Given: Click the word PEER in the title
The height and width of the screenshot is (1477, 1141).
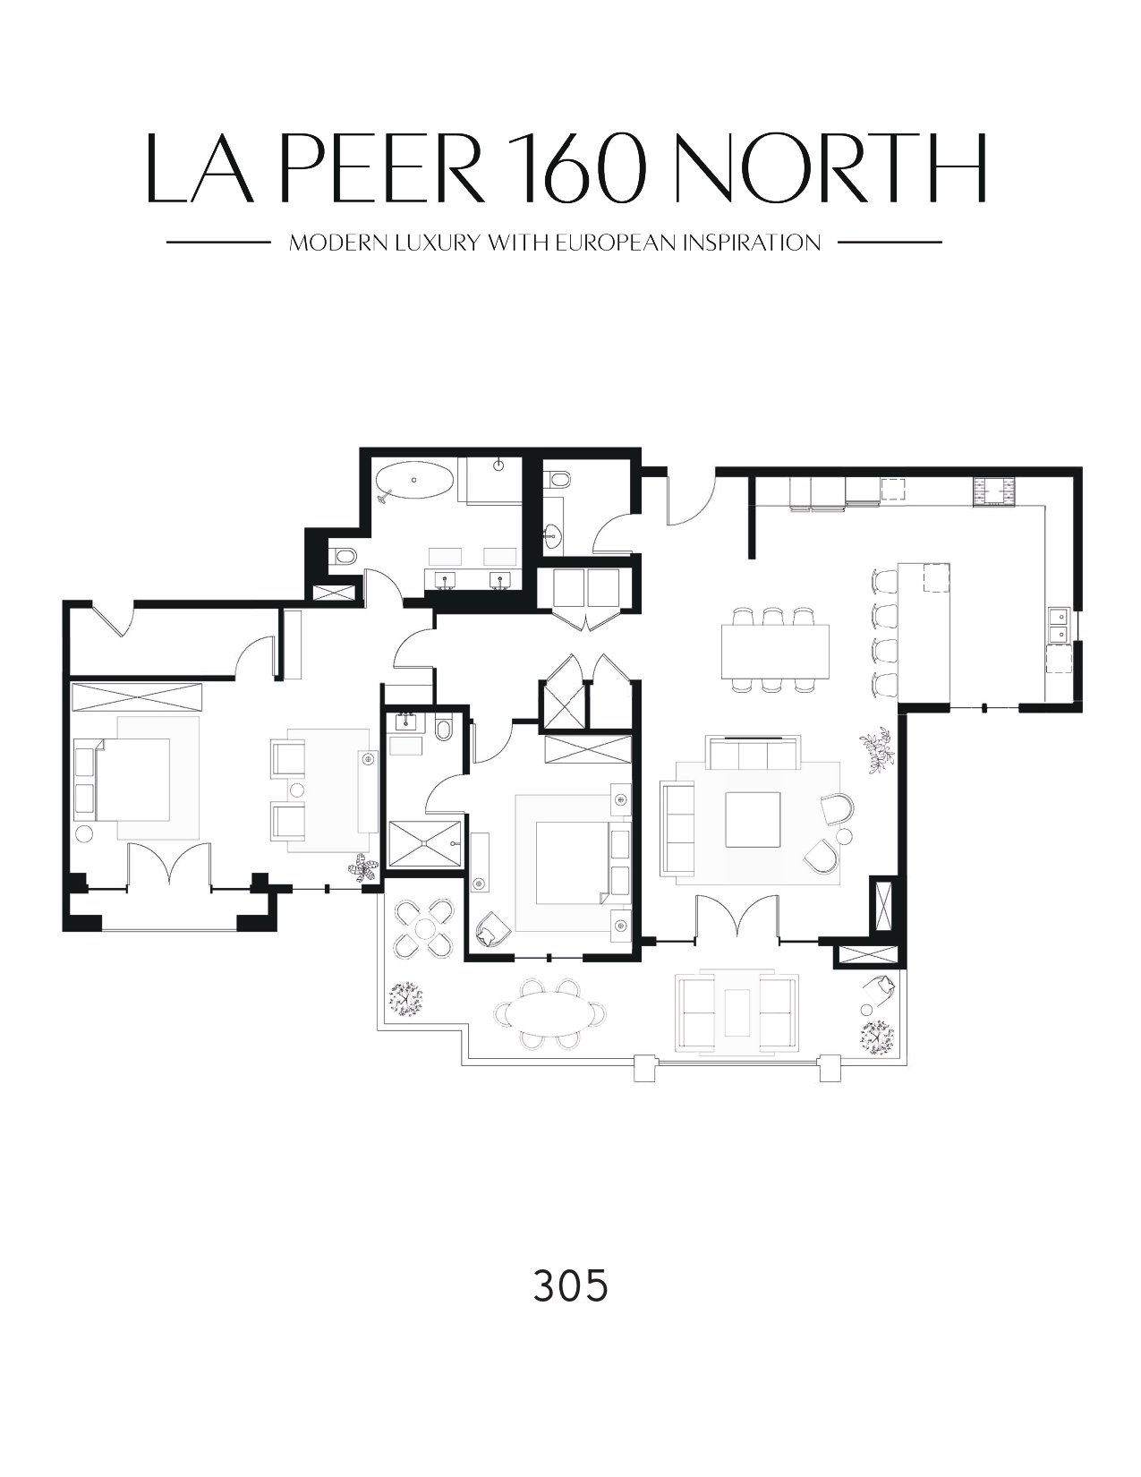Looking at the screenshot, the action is (382, 167).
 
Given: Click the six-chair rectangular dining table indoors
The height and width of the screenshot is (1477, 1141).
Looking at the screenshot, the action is (775, 651).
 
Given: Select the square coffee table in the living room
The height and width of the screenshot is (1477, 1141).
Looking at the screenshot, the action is (753, 819).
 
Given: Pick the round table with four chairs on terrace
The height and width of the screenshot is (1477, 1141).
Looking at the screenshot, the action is (424, 927).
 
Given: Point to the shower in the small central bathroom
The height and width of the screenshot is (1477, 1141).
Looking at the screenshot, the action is (425, 844).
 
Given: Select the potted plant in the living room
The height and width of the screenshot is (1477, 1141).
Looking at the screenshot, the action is (877, 750).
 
